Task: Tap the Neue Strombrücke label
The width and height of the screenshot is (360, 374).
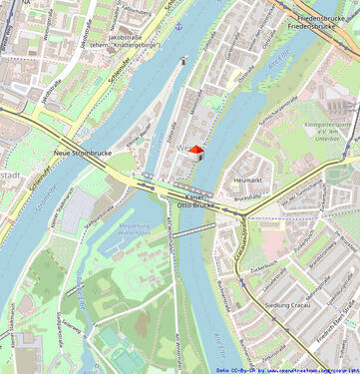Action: [x=81, y=153]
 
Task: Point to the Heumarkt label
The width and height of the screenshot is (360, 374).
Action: [x=246, y=180]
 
